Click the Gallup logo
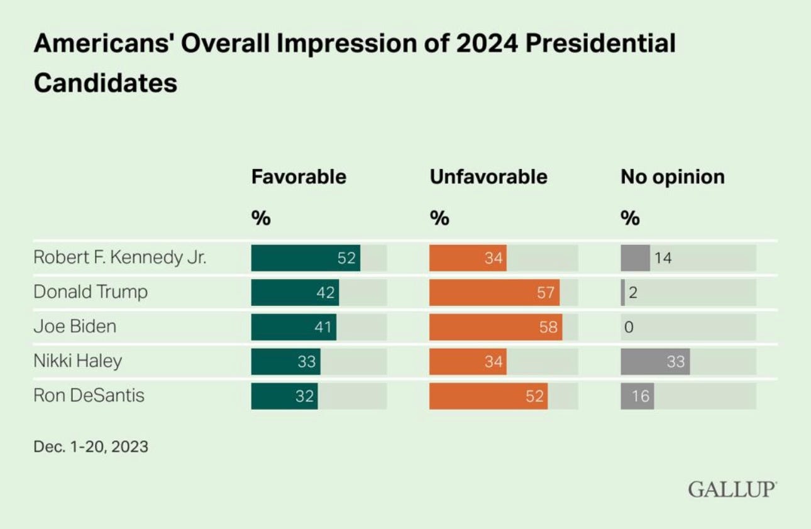point(732,489)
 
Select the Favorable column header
point(299,177)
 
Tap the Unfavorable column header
point(488,177)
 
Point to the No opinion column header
point(673,177)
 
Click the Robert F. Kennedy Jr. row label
point(119,258)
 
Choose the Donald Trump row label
point(91,292)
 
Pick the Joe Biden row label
point(75,327)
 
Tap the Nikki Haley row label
point(77,361)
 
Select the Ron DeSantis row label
point(89,395)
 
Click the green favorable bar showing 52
point(306,258)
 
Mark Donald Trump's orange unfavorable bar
point(494,293)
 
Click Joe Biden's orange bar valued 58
point(495,327)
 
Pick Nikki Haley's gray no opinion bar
point(655,362)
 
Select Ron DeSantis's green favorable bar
point(284,396)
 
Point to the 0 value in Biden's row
point(628,327)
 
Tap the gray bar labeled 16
point(637,396)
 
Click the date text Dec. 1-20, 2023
point(91,447)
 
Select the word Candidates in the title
point(105,82)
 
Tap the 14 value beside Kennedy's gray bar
point(663,258)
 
